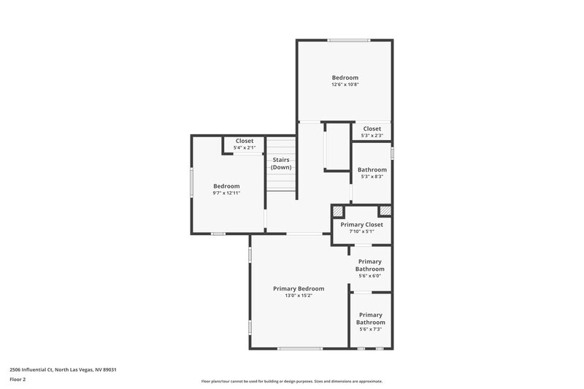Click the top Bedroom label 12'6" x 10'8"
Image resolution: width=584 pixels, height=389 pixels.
click(345, 77)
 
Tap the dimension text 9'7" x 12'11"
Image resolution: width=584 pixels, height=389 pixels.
click(226, 193)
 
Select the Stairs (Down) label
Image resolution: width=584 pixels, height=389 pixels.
click(281, 163)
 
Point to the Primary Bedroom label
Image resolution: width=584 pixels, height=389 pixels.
click(299, 288)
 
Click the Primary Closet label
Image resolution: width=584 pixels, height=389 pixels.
click(361, 225)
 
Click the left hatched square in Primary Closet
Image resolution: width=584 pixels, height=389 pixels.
click(337, 212)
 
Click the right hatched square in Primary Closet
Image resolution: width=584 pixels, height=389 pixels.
click(385, 212)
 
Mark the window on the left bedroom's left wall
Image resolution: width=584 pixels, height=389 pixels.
click(192, 182)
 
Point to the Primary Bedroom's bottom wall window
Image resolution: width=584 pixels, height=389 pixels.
click(300, 349)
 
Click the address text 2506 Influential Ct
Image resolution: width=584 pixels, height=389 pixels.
click(63, 369)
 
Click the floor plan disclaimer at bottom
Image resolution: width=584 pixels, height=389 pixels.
click(291, 381)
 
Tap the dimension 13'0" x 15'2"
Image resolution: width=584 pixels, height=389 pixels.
click(299, 296)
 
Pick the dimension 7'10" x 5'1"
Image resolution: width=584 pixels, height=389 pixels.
click(361, 231)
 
